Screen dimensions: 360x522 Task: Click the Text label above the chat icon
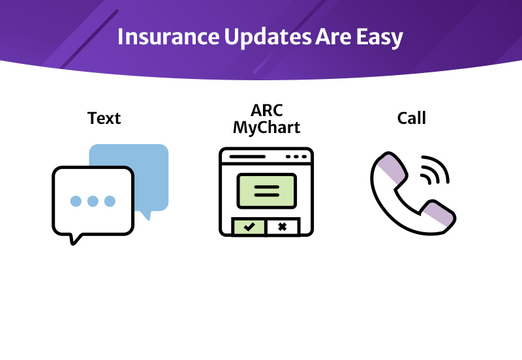(x=104, y=118)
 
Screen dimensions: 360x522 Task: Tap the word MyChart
(x=266, y=127)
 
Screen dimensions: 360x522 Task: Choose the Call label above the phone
(x=411, y=118)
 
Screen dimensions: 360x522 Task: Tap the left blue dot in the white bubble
(x=76, y=201)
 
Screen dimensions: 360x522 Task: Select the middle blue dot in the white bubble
(x=93, y=201)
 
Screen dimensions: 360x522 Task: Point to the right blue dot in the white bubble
(x=110, y=201)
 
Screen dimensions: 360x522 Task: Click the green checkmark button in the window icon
(x=249, y=226)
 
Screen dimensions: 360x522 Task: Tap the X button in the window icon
(x=283, y=226)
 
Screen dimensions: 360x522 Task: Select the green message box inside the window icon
(x=266, y=190)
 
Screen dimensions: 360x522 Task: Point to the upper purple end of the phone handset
(x=390, y=168)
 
